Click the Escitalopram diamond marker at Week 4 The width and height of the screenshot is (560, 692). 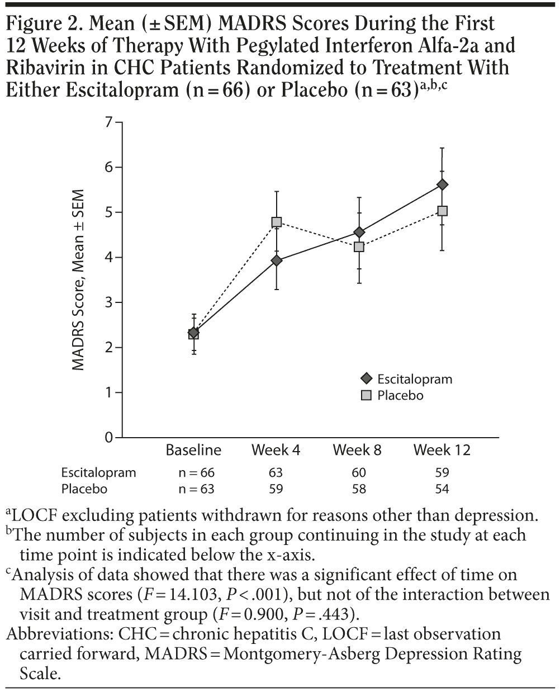pyautogui.click(x=276, y=260)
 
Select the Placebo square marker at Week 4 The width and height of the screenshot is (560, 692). pyautogui.click(x=276, y=222)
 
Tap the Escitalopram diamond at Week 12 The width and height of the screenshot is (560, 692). pyautogui.click(x=442, y=184)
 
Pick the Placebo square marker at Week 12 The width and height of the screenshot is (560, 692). pyautogui.click(x=442, y=211)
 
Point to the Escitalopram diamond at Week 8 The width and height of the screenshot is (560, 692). pyautogui.click(x=359, y=231)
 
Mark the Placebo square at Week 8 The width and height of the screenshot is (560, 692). pyautogui.click(x=359, y=247)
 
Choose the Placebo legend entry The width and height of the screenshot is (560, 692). pyautogui.click(x=400, y=395)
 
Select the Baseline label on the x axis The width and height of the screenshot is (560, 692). pyautogui.click(x=193, y=450)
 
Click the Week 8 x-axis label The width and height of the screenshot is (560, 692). pyautogui.click(x=358, y=450)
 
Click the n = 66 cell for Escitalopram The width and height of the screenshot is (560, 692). pyautogui.click(x=193, y=472)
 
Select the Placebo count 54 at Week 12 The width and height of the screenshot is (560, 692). pyautogui.click(x=442, y=489)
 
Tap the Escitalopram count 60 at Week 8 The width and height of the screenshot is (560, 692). pyautogui.click(x=359, y=472)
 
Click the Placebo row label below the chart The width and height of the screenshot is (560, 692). pyautogui.click(x=84, y=489)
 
